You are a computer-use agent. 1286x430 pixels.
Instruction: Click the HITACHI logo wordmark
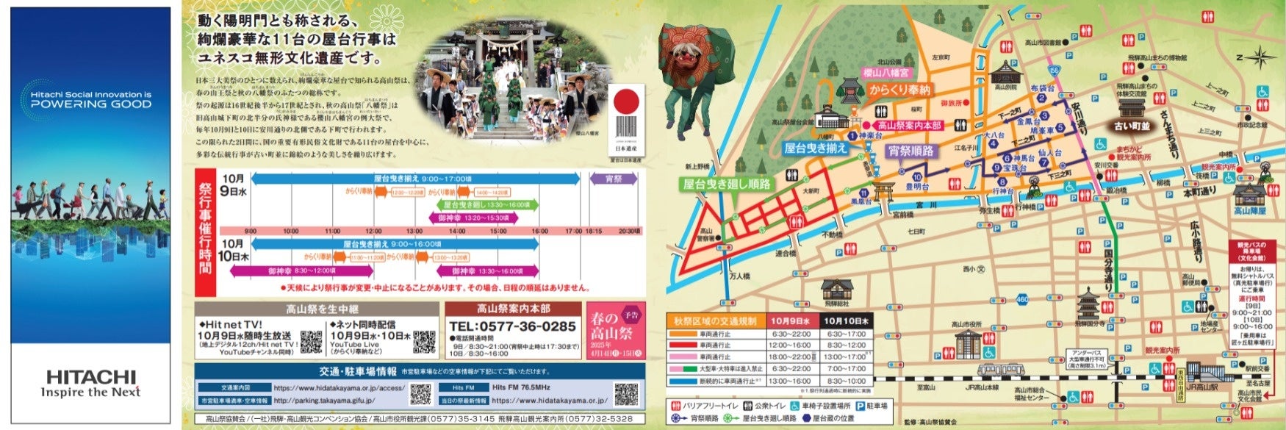click(90, 377)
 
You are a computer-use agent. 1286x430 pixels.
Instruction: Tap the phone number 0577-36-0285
click(512, 326)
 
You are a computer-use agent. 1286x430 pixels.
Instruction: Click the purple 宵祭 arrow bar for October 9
click(612, 179)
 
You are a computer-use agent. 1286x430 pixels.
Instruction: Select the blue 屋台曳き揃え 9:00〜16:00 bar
click(395, 243)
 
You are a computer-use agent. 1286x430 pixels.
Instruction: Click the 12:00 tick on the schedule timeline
click(373, 231)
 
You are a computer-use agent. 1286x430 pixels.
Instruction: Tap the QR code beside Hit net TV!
click(312, 342)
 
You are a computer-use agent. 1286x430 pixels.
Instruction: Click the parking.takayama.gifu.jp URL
click(324, 401)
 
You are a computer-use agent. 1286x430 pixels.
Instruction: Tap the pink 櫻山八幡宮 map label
click(886, 74)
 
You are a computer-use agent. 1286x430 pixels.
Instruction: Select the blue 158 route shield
click(1055, 71)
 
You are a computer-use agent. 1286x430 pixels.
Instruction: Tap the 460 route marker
click(1023, 300)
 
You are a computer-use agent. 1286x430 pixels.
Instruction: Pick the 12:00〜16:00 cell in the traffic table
click(789, 345)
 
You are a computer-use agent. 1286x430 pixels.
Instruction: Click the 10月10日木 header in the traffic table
click(845, 321)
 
